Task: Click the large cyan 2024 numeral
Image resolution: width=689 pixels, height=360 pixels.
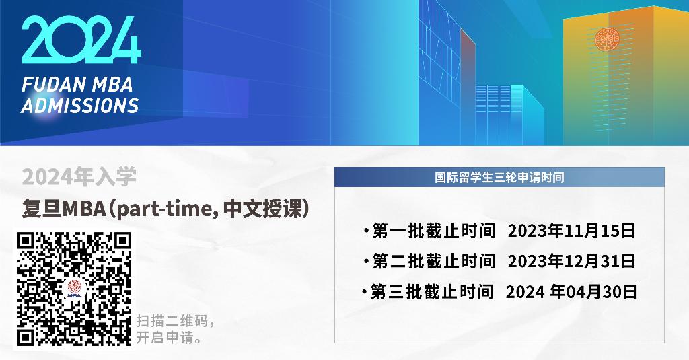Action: pyautogui.click(x=81, y=40)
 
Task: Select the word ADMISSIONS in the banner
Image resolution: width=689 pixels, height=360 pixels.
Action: pyautogui.click(x=80, y=106)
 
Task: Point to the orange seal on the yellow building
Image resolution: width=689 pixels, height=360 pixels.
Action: pyautogui.click(x=608, y=40)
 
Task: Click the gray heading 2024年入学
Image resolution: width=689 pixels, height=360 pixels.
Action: pyautogui.click(x=79, y=177)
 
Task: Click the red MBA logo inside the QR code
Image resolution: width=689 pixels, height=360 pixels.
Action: pyautogui.click(x=74, y=289)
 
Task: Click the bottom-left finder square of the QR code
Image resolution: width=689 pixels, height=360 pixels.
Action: pyautogui.click(x=26, y=336)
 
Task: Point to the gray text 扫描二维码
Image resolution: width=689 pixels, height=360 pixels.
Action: pyautogui.click(x=172, y=321)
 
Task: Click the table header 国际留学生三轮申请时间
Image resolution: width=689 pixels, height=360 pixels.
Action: pyautogui.click(x=499, y=178)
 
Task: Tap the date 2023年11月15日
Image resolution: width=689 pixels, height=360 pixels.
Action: pyautogui.click(x=571, y=231)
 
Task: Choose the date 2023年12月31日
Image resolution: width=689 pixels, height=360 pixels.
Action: pyautogui.click(x=571, y=262)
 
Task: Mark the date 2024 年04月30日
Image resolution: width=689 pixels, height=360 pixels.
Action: pyautogui.click(x=571, y=292)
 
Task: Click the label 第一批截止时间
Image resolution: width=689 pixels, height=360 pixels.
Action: pyautogui.click(x=434, y=231)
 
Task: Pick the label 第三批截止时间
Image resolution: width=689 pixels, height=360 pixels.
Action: pyautogui.click(x=431, y=292)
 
